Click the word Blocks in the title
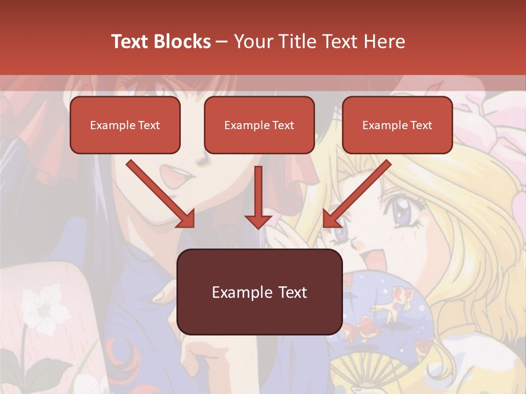point(181,42)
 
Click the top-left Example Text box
point(125,125)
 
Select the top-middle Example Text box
point(259,125)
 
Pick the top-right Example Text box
point(397,125)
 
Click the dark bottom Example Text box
point(259,292)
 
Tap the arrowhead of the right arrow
point(331,219)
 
